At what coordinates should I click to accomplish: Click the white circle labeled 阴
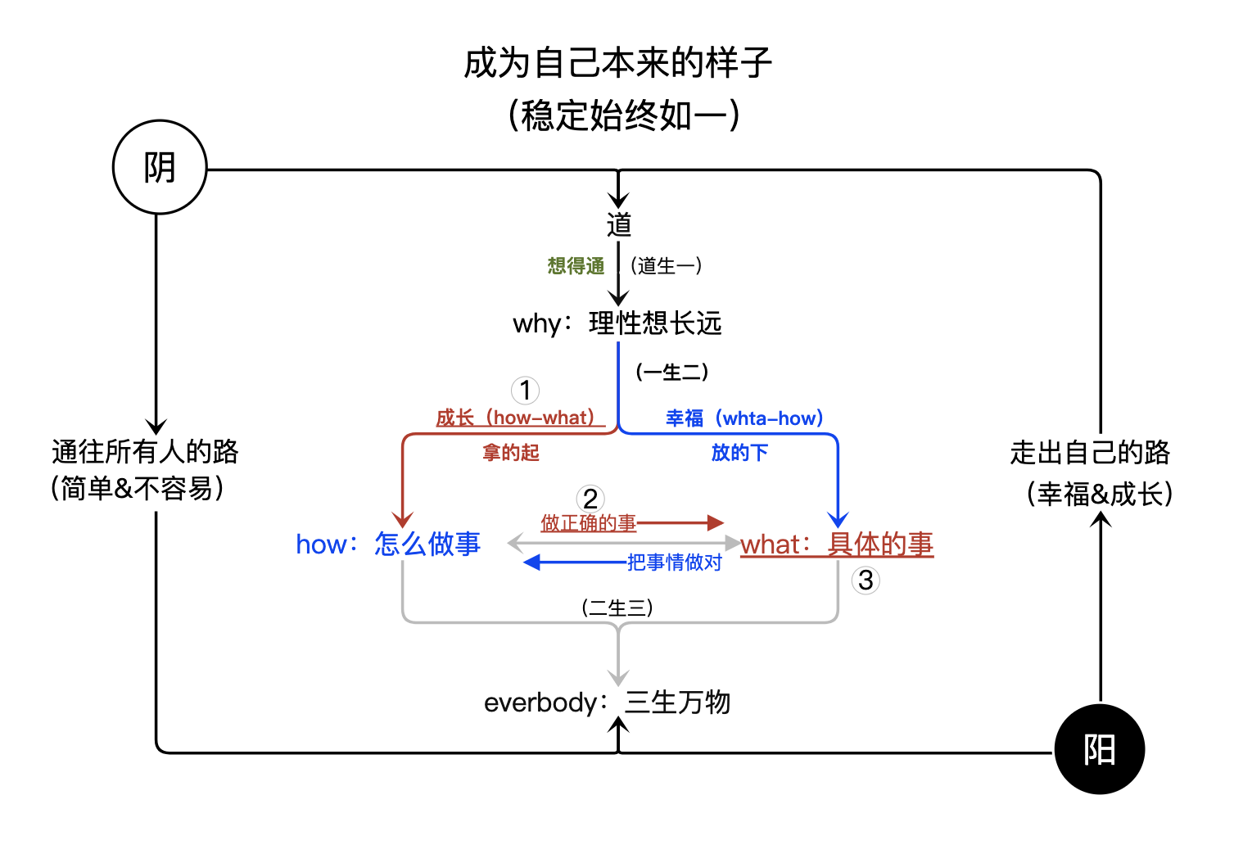(160, 167)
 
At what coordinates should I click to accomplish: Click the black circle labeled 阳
(1099, 749)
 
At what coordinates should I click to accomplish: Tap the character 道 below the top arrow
(619, 224)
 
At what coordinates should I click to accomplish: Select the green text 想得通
(576, 266)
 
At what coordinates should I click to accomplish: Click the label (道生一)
(666, 266)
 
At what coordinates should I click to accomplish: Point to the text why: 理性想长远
(617, 323)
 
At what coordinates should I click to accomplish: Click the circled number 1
(525, 391)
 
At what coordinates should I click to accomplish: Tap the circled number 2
(590, 499)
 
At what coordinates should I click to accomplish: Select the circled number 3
(866, 581)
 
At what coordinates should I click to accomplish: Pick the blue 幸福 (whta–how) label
(744, 418)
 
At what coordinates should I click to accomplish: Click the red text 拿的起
(511, 453)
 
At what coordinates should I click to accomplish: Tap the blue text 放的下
(739, 453)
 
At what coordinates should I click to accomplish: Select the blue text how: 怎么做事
(388, 544)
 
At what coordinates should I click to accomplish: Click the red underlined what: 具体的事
(837, 544)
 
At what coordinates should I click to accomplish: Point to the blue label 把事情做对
(674, 563)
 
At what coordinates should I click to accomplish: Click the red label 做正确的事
(588, 523)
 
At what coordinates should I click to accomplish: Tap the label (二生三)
(617, 608)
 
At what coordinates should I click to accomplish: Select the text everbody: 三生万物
(607, 703)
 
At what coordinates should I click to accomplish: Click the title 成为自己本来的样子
(618, 64)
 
